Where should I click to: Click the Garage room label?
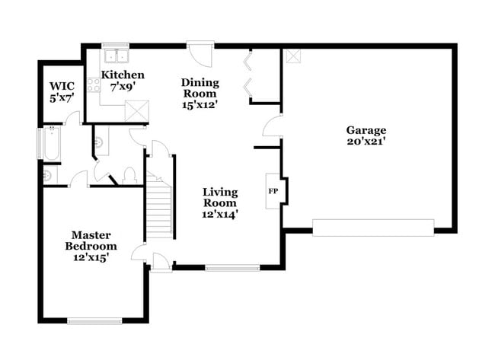point(366,130)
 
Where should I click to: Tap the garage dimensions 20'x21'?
point(366,142)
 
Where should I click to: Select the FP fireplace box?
point(273,191)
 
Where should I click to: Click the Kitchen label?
point(123,75)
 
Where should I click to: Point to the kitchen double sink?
point(117,56)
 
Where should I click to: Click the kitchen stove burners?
point(94,85)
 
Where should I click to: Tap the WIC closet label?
point(62,86)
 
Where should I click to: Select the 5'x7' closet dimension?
point(62,97)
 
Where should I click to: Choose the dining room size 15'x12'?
point(200,105)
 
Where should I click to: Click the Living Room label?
point(219,197)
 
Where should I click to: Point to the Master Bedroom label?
point(91,241)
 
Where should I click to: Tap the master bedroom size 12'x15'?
point(91,258)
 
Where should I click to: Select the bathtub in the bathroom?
point(51,145)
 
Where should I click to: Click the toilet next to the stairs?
point(129,175)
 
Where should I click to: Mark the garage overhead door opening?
point(373,227)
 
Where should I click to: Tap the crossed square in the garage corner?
point(293,56)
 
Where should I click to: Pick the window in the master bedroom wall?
point(94,321)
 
